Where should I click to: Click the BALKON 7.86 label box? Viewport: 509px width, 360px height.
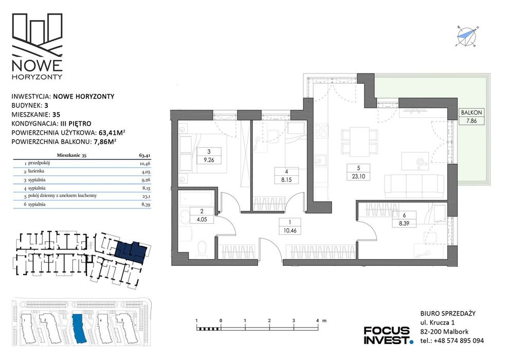point(471,117)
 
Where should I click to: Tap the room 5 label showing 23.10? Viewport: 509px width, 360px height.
point(358,172)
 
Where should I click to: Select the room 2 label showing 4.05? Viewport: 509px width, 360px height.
point(202,215)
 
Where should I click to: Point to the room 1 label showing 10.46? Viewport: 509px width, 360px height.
point(289,227)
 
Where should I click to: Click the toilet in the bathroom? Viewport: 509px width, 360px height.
point(202,250)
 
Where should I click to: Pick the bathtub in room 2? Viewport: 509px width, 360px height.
point(197,198)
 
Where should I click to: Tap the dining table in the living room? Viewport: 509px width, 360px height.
point(359,141)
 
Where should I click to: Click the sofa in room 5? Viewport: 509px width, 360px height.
point(414,186)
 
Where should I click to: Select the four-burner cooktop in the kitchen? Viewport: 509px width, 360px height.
point(321,132)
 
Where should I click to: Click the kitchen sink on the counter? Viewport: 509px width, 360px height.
point(321,160)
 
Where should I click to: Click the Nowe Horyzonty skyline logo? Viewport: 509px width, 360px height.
point(37,46)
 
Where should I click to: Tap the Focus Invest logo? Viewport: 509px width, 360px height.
point(388,335)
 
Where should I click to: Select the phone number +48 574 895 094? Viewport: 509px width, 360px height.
point(461,340)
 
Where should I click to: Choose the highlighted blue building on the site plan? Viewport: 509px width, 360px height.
point(78,328)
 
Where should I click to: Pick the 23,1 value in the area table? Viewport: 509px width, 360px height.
point(146,196)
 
